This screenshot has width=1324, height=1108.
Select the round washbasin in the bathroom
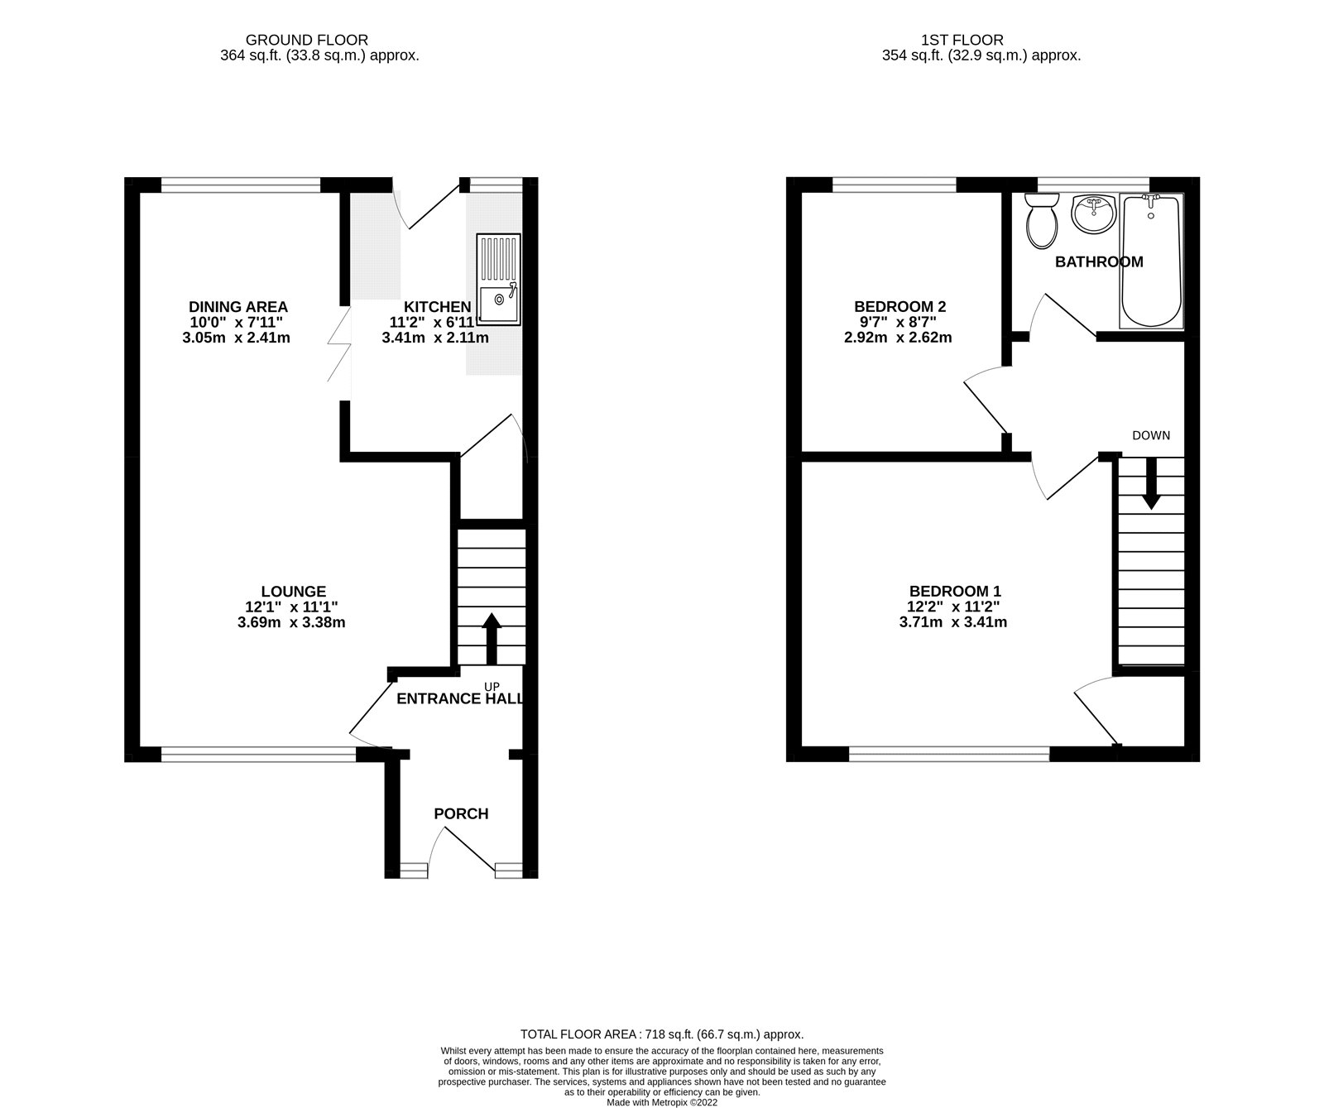[1093, 214]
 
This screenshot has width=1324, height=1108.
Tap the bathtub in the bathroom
[1151, 261]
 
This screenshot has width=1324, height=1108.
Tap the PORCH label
[461, 814]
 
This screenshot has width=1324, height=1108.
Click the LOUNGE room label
[293, 592]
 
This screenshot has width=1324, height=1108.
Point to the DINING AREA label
[238, 307]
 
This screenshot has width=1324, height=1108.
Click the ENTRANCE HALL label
[460, 698]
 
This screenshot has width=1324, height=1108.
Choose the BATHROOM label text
[1099, 262]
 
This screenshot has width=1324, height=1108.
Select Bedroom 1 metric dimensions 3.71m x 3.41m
[953, 622]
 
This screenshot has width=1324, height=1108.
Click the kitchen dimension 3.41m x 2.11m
[434, 338]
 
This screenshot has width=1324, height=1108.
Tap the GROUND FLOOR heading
[307, 40]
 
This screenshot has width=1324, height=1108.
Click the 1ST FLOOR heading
[962, 40]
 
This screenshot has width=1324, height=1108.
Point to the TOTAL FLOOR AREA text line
[661, 1034]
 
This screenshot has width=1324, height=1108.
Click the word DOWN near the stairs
[1151, 435]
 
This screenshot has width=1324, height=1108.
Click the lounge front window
[258, 753]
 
